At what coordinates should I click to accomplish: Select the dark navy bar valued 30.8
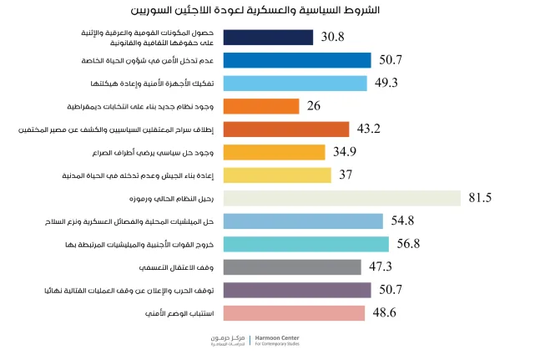pyautogui.click(x=269, y=38)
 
